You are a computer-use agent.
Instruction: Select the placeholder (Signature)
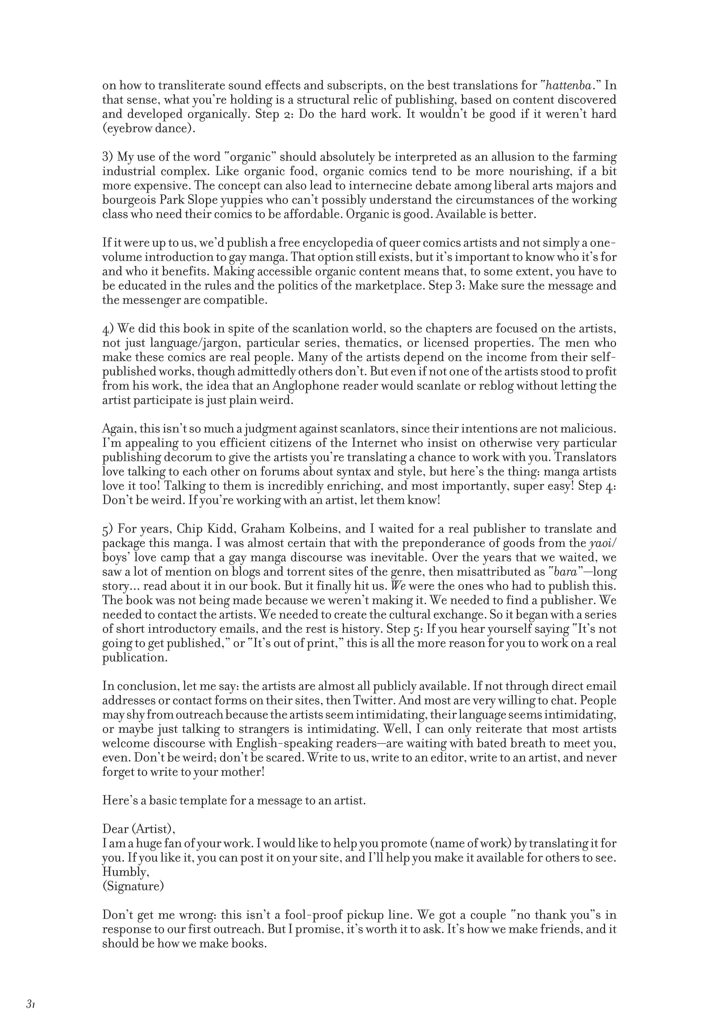click(133, 886)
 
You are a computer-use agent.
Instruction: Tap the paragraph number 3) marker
click(107, 157)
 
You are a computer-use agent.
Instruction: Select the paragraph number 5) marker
click(107, 529)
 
